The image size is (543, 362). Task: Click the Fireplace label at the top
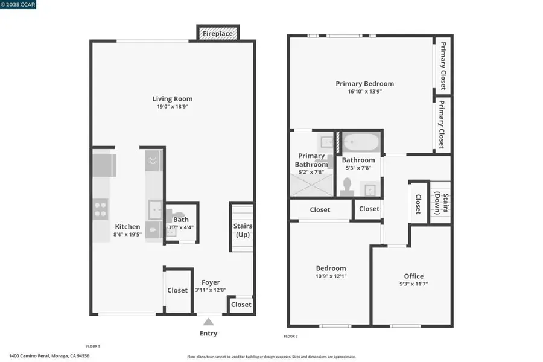(x=217, y=34)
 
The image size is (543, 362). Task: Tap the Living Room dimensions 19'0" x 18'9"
(x=173, y=107)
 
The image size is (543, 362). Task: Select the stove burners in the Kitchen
(x=100, y=208)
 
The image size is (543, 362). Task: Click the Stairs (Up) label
(x=243, y=230)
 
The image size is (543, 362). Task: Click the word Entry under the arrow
(x=208, y=334)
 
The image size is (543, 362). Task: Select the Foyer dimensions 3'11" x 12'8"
(x=210, y=290)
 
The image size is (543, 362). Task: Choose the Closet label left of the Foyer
(x=177, y=290)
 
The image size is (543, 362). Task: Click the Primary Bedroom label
(x=364, y=84)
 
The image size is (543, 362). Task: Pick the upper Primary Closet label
(x=443, y=65)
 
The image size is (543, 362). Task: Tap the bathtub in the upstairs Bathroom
(x=360, y=144)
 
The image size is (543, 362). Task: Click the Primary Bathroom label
(x=311, y=160)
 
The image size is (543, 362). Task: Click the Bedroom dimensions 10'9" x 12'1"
(x=331, y=276)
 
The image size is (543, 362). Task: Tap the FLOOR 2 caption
(x=291, y=336)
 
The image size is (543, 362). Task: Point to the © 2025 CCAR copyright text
(x=19, y=5)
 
